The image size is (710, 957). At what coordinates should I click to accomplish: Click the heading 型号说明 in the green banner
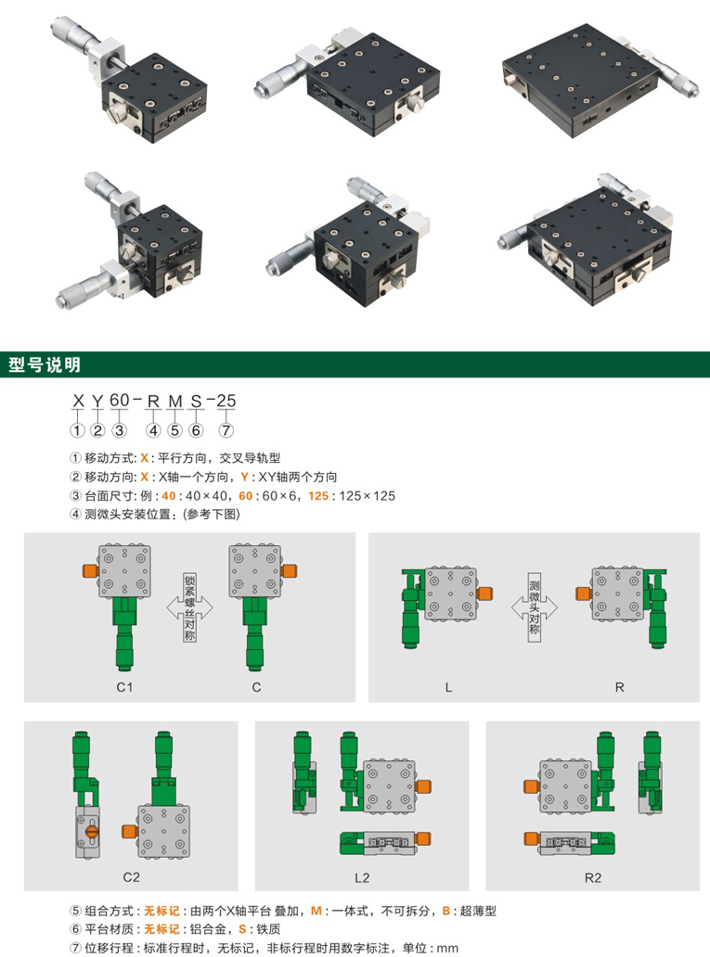pyautogui.click(x=45, y=365)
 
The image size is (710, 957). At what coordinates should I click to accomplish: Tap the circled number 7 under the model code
pyautogui.click(x=226, y=430)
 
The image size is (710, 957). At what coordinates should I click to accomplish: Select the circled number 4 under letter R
pyautogui.click(x=153, y=430)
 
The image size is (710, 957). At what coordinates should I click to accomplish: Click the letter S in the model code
pyautogui.click(x=196, y=401)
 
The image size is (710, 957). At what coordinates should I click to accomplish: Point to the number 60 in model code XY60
pyautogui.click(x=120, y=401)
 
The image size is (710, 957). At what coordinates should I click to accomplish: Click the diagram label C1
pyautogui.click(x=124, y=687)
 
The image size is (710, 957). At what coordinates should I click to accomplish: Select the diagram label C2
pyautogui.click(x=132, y=877)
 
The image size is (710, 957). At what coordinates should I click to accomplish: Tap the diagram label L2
pyautogui.click(x=362, y=877)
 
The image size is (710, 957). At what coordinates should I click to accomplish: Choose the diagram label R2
pyautogui.click(x=593, y=877)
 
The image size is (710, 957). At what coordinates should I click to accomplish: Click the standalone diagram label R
pyautogui.click(x=620, y=688)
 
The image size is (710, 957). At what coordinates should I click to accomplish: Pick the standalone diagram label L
pyautogui.click(x=448, y=688)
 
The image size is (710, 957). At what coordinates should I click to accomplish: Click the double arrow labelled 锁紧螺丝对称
pyautogui.click(x=190, y=607)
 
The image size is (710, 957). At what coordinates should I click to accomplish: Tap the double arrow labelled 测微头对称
pyautogui.click(x=535, y=607)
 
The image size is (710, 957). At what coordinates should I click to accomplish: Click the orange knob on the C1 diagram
pyautogui.click(x=90, y=571)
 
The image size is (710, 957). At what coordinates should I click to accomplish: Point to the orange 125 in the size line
pyautogui.click(x=318, y=496)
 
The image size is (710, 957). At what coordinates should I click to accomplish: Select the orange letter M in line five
pyautogui.click(x=316, y=912)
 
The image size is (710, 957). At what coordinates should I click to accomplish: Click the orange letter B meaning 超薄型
pyautogui.click(x=446, y=912)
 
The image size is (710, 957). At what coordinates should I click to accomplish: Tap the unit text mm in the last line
pyautogui.click(x=448, y=949)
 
